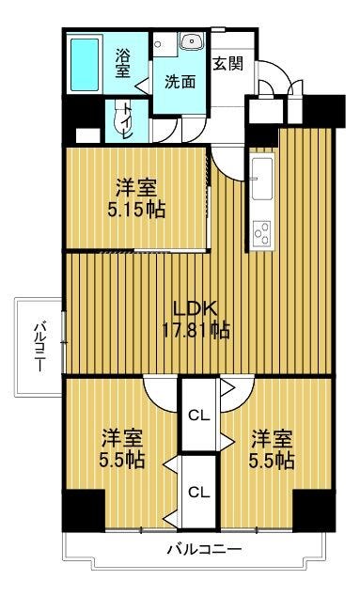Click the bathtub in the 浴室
pos(85,64)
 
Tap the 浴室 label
pos(123,63)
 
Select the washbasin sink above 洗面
pos(193,41)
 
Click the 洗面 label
pos(180,82)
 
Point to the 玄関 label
pos(227,63)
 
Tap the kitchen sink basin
pos(262,178)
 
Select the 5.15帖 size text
pos(136,210)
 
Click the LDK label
pos(195,308)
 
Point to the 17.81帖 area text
pos(196,330)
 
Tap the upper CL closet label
pos(199,416)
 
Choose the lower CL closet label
pos(199,493)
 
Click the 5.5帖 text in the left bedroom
pos(121,461)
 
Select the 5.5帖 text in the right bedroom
pos(272,461)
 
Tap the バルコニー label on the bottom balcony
pos(205,549)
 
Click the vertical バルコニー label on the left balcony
pos(39,347)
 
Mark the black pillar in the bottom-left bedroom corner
pos(84,510)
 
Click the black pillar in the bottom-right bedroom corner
pos(314,510)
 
